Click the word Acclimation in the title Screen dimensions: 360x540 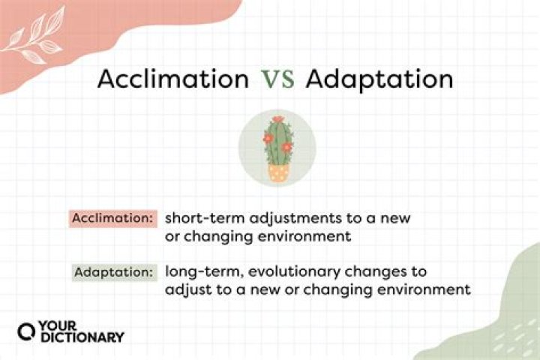[173, 79]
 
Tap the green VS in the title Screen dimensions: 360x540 [277, 80]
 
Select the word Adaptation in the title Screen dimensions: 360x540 [379, 79]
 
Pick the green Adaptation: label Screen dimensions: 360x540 [114, 271]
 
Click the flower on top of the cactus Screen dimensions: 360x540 [278, 119]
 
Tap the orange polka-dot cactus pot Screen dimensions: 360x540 [278, 173]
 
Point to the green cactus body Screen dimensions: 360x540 [278, 144]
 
